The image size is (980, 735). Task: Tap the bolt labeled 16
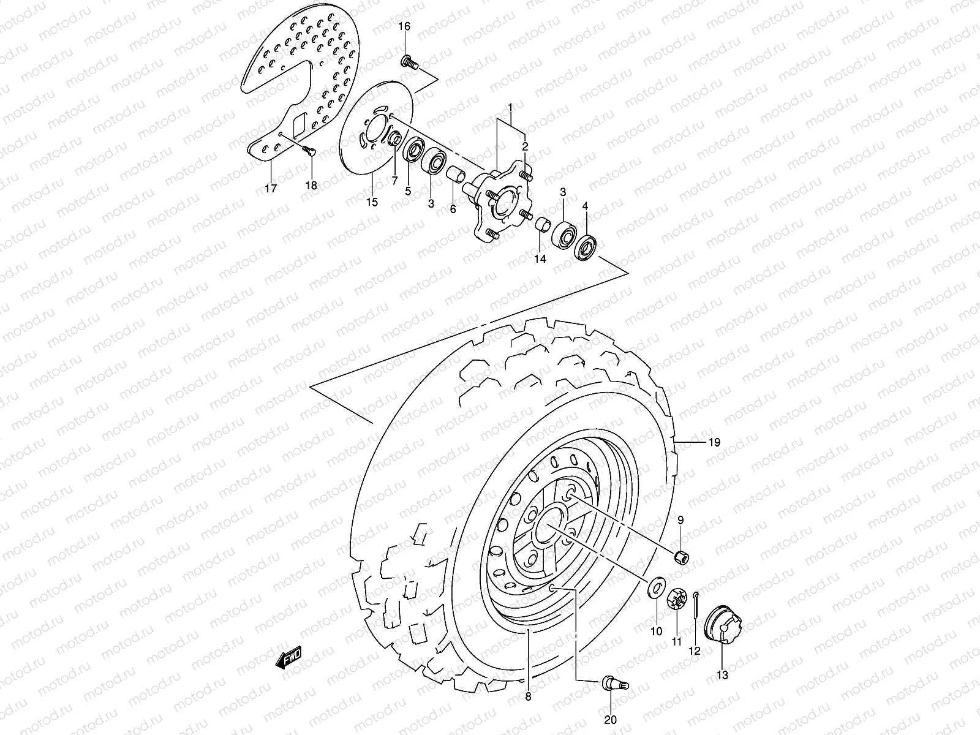409,61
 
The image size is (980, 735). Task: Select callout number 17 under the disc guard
271,188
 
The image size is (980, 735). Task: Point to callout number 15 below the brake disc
372,202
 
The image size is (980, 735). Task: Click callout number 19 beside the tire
714,442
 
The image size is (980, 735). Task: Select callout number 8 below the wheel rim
529,696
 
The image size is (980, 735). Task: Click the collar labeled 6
454,176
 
